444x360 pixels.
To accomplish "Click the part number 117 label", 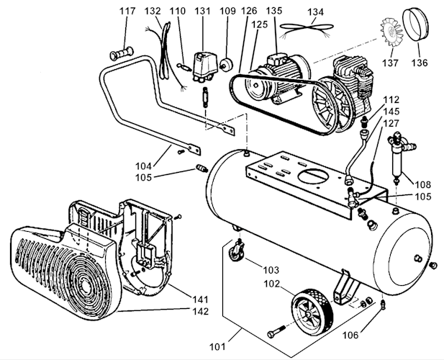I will tap(127, 12).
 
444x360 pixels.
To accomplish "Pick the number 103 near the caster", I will tap(271, 270).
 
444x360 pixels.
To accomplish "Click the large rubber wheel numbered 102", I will tap(312, 310).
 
